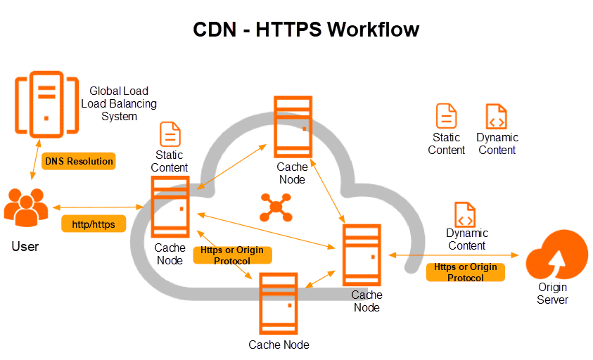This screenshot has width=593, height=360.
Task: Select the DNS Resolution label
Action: (x=79, y=161)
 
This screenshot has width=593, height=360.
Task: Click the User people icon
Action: (x=26, y=208)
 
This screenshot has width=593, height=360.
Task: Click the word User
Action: (x=25, y=247)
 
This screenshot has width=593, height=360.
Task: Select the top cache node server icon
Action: (x=292, y=127)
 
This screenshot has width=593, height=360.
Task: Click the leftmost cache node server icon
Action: (x=170, y=207)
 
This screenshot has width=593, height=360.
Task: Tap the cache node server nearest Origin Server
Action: (x=362, y=255)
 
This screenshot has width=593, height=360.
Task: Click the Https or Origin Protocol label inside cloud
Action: (x=232, y=256)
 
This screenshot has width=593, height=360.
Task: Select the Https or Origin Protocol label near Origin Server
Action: (x=465, y=272)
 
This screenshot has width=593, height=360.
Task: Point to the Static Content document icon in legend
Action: (x=446, y=116)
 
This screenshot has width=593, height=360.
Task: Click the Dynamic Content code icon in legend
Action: (x=497, y=116)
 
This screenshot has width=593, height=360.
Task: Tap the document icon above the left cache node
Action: (x=170, y=134)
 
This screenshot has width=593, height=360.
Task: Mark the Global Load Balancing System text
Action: (x=120, y=103)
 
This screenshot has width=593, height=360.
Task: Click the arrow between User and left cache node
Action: (x=98, y=207)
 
